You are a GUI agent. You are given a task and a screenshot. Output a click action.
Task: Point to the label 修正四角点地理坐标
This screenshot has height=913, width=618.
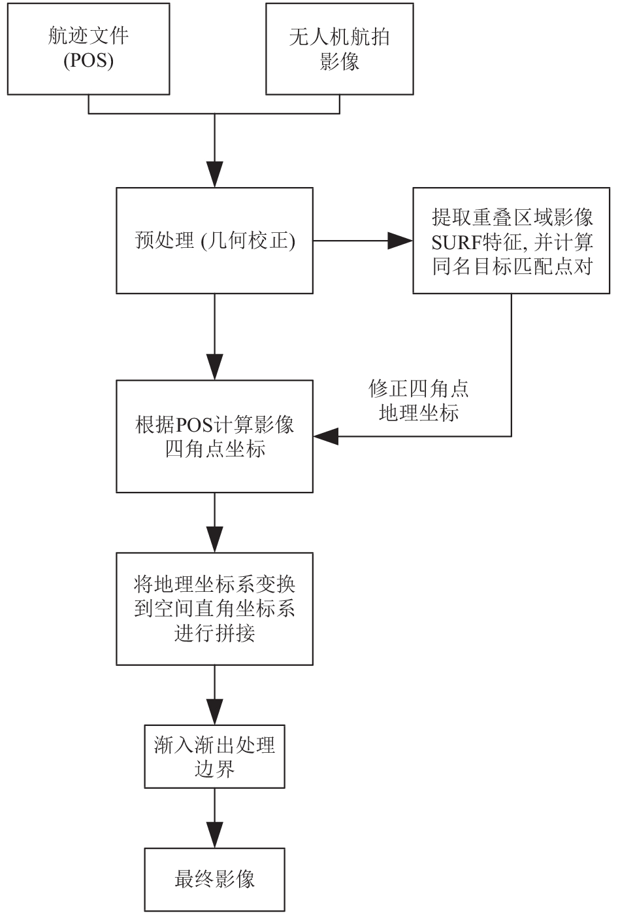[x=419, y=400]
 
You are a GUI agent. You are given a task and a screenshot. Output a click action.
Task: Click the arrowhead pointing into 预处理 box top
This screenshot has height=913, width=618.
[x=214, y=175]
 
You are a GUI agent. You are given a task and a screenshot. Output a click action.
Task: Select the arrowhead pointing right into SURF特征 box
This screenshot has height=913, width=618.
[x=400, y=241]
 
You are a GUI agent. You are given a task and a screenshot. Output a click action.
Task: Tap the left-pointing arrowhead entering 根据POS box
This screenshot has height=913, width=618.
[x=326, y=436]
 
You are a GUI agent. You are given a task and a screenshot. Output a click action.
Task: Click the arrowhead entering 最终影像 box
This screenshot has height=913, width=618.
[x=214, y=836]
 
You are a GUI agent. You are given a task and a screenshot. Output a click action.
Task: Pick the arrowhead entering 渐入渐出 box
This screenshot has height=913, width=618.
[x=214, y=712]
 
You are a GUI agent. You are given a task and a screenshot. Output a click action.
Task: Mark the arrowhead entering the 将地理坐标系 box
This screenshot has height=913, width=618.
[x=214, y=540]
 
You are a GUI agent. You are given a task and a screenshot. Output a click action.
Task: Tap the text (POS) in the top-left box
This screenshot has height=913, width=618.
[x=88, y=61]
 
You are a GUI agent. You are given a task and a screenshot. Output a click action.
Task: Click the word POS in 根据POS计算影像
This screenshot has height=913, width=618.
[x=195, y=426]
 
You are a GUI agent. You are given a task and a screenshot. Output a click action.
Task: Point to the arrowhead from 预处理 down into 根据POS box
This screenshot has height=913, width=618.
[x=214, y=368]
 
